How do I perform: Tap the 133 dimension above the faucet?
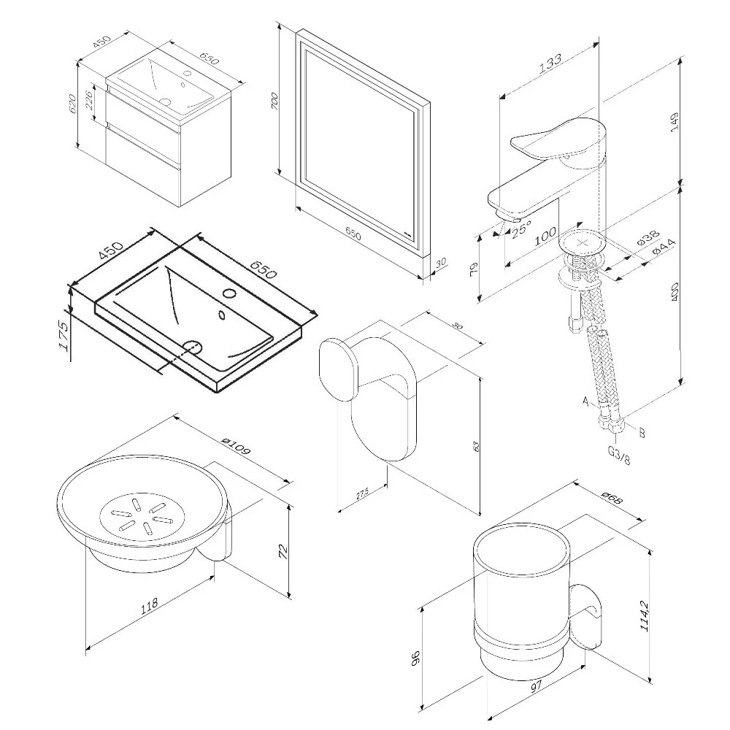click(550, 63)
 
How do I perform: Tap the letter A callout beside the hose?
click(585, 401)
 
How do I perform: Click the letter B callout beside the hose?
click(642, 432)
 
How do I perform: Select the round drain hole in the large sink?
click(191, 345)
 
